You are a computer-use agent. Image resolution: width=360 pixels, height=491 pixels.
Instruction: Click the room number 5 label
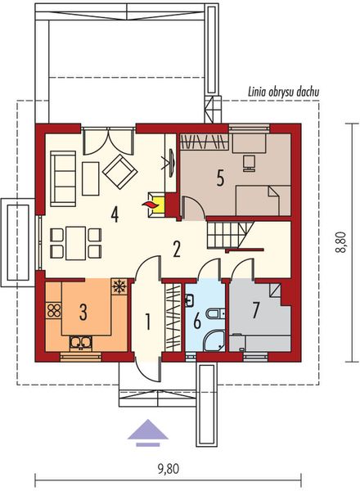click(x=219, y=178)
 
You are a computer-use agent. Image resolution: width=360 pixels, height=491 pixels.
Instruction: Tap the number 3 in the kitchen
click(x=83, y=311)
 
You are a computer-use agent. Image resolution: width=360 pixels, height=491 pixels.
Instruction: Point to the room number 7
click(x=255, y=310)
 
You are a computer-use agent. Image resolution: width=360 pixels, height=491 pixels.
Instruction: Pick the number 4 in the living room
click(x=115, y=214)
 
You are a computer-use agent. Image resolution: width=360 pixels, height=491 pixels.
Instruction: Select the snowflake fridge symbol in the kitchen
click(x=119, y=286)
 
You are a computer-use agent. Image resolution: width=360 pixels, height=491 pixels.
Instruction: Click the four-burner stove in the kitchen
click(x=55, y=310)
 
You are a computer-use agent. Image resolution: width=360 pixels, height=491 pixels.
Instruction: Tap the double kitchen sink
click(x=81, y=343)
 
